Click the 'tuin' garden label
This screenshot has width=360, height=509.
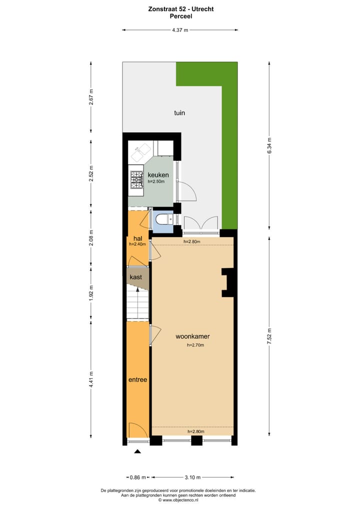179,113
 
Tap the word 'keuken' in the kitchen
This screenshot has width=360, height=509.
158,175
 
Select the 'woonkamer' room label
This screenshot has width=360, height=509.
192,336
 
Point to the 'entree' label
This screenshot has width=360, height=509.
137,379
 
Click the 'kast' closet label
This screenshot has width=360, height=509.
136,277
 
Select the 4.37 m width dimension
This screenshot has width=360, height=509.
180,30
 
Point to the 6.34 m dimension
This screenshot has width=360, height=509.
269,145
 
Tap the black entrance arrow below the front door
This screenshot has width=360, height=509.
137,451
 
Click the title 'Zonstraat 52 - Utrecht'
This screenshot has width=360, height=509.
180,8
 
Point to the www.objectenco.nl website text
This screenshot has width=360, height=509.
180,499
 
